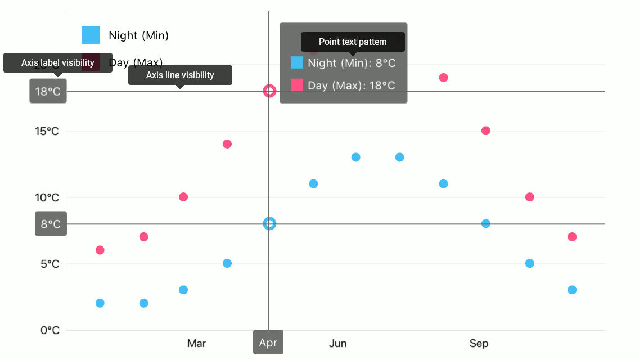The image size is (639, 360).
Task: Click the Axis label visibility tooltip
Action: click(x=58, y=62)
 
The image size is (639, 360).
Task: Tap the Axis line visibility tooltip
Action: click(x=180, y=75)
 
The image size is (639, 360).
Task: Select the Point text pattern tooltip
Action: click(x=353, y=42)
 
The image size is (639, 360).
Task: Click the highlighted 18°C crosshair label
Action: click(x=48, y=91)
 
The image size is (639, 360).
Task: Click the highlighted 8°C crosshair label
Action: click(x=51, y=224)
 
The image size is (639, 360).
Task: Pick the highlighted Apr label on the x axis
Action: click(x=268, y=343)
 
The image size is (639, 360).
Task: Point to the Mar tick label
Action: click(x=196, y=343)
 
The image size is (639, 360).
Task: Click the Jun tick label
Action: click(x=337, y=343)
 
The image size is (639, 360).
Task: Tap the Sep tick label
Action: click(x=479, y=343)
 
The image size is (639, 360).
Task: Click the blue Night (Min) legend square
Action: click(x=91, y=35)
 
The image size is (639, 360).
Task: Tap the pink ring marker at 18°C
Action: click(x=269, y=91)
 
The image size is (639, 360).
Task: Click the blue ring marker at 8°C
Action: click(x=269, y=223)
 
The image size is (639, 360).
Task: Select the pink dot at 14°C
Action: click(x=227, y=144)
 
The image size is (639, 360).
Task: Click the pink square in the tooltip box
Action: click(x=297, y=85)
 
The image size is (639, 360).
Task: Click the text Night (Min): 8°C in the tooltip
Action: click(x=352, y=63)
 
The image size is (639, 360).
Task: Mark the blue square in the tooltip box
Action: click(x=297, y=62)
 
